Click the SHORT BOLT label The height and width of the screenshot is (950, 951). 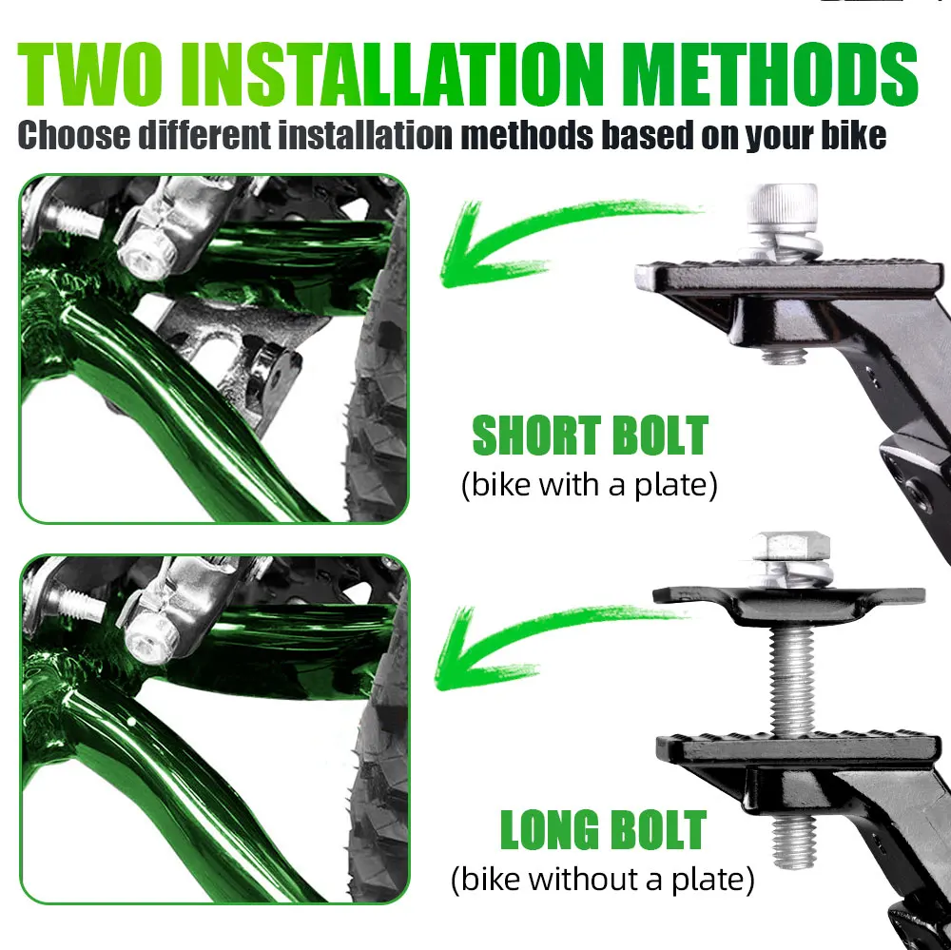(590, 436)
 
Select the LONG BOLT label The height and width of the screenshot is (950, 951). (603, 830)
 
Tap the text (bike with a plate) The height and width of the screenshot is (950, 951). (589, 485)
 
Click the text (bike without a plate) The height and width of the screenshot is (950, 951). (603, 879)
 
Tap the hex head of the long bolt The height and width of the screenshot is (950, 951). (789, 548)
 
